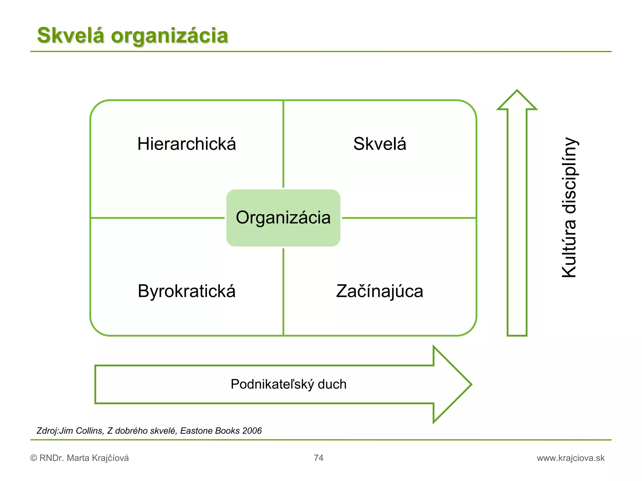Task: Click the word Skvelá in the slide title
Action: click(70, 35)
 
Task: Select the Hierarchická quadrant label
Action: click(187, 144)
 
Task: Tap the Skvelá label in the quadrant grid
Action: click(380, 144)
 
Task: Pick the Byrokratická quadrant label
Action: click(187, 291)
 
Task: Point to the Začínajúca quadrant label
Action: click(380, 291)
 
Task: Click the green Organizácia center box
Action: click(283, 218)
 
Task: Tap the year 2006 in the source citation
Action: click(252, 431)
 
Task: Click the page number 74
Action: click(318, 458)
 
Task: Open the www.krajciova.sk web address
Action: click(571, 458)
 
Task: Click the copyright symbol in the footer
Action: click(34, 458)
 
